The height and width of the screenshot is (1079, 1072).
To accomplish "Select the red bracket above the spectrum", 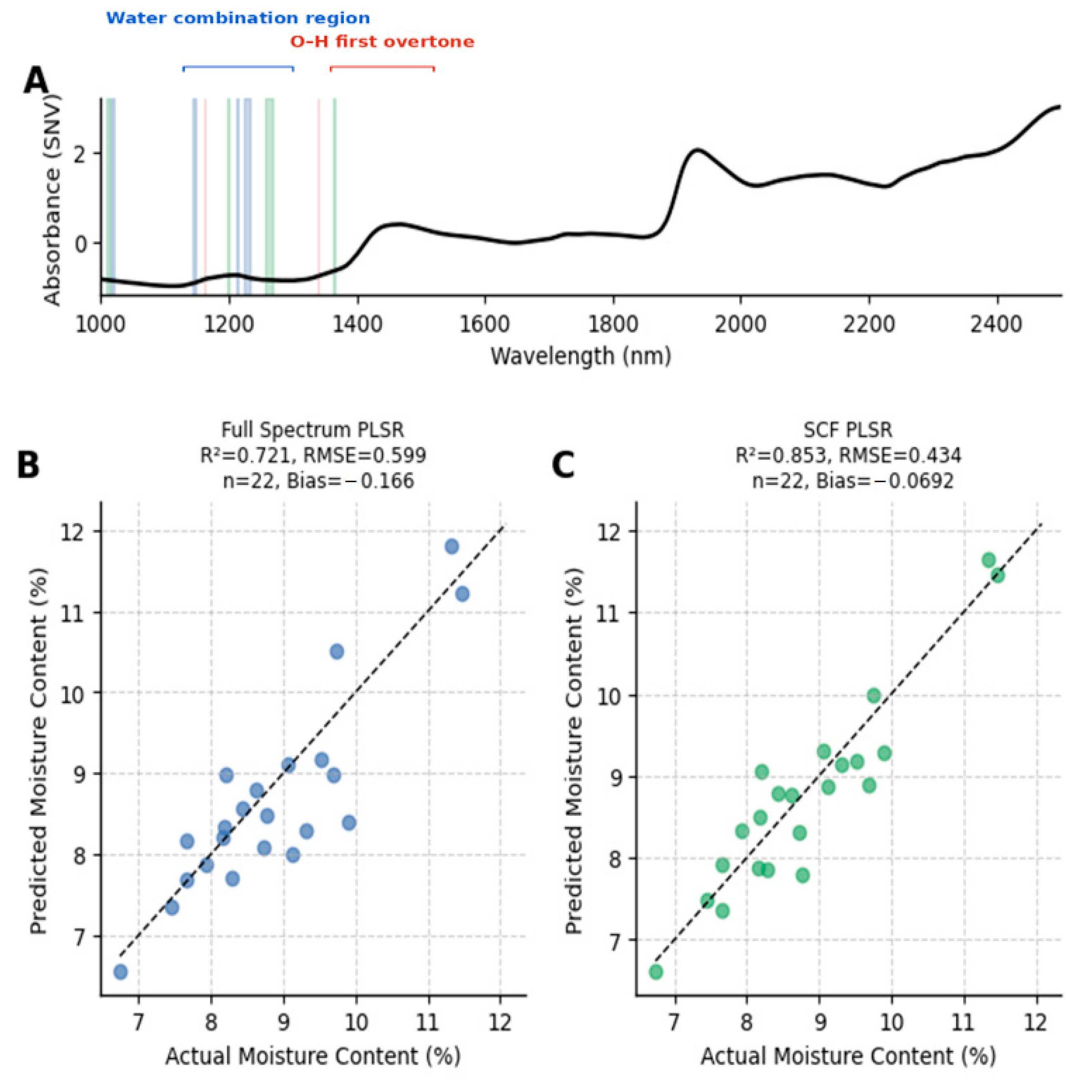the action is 382,68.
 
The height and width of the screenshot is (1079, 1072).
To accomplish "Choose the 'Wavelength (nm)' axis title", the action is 580,356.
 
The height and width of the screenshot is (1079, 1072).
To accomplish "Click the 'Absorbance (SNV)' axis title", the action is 52,199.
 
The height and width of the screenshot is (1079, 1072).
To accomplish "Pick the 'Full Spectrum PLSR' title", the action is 313,429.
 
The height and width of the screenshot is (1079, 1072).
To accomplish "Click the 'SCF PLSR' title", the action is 847,429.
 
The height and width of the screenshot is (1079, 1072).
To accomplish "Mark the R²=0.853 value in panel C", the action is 780,455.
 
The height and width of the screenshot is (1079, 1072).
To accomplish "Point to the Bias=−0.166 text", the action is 350,481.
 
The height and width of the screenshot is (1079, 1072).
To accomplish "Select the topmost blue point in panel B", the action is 452,546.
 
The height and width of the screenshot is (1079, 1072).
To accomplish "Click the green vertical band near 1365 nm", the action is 335,196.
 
